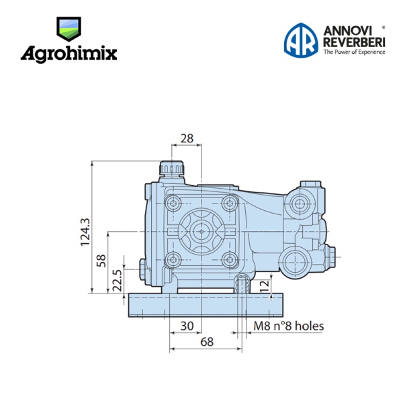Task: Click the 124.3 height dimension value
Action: pyautogui.click(x=85, y=232)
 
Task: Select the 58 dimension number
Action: pyautogui.click(x=101, y=261)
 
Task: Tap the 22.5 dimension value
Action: pyautogui.click(x=118, y=280)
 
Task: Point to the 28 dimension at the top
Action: pyautogui.click(x=187, y=138)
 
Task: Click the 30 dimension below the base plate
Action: pyautogui.click(x=187, y=326)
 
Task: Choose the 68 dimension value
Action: pyautogui.click(x=207, y=342)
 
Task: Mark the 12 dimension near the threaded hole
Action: pyautogui.click(x=265, y=285)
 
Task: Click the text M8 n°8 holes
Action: pyautogui.click(x=289, y=326)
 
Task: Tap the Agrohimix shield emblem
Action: pyautogui.click(x=69, y=29)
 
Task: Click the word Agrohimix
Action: pyautogui.click(x=69, y=54)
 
